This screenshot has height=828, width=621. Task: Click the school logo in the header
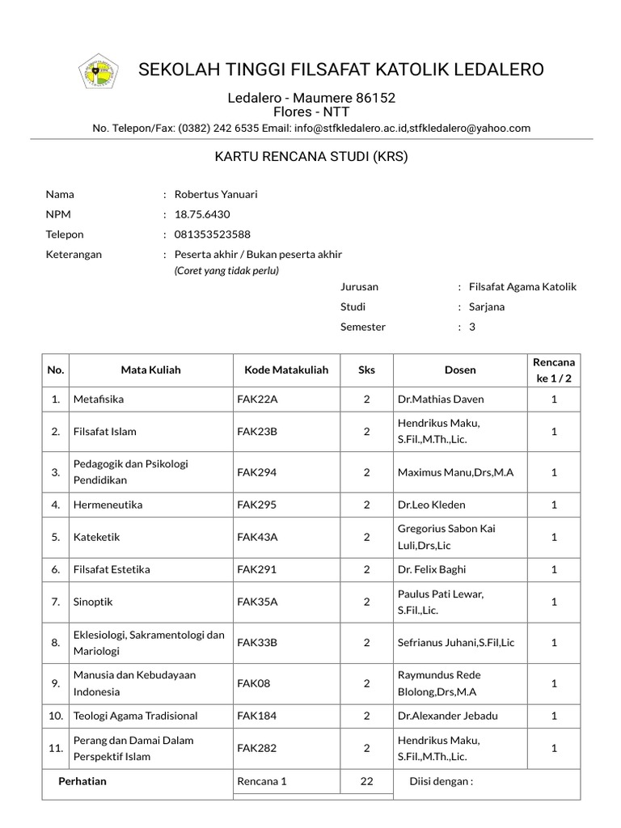[x=98, y=72]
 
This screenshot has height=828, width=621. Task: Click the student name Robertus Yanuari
[x=216, y=194]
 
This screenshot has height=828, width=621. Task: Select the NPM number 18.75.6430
[x=202, y=214]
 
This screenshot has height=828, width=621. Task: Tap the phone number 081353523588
[x=213, y=234]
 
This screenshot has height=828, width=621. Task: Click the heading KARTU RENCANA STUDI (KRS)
[x=310, y=156]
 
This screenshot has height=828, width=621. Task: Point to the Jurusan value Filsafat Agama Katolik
[x=522, y=287]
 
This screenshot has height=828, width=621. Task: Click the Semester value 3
[x=472, y=327]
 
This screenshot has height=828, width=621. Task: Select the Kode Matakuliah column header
[x=286, y=370]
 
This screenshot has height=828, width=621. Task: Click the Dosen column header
[x=460, y=370]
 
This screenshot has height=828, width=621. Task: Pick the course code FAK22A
[x=257, y=399]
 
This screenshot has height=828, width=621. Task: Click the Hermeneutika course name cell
[x=108, y=505]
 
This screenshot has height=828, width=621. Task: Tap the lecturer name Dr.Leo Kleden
[x=431, y=505]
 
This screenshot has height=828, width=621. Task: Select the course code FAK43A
[x=257, y=537]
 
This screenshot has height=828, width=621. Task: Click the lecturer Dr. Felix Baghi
[x=432, y=569]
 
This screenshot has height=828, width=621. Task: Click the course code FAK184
[x=257, y=716]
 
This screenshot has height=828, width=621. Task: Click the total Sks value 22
[x=366, y=781]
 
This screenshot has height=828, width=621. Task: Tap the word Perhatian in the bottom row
[x=82, y=781]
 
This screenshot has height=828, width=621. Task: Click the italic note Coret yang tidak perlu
[x=226, y=271]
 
